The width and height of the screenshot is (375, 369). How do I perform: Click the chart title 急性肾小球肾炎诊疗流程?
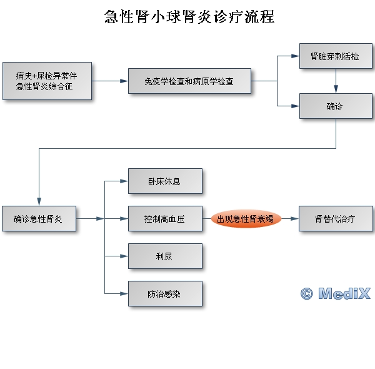189,17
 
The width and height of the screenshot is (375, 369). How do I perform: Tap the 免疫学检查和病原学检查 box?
189,81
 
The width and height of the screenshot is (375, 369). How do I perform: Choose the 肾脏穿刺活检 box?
336,56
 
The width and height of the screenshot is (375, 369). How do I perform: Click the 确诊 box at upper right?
336,106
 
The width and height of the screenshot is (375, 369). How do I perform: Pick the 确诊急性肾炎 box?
39,219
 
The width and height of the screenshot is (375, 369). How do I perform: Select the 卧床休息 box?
165,181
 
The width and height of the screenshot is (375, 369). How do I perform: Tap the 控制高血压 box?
165,219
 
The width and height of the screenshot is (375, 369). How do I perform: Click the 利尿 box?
165,256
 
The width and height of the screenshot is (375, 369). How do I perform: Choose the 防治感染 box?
165,293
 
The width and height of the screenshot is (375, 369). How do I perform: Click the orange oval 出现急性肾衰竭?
246,219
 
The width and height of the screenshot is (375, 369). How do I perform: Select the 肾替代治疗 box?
336,219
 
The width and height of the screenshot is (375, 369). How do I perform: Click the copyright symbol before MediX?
306,293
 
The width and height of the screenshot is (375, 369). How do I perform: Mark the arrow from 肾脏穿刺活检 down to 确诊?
336,81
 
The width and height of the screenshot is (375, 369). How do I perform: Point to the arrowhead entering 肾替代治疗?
295,219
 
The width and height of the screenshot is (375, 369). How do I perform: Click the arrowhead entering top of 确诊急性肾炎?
39,202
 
